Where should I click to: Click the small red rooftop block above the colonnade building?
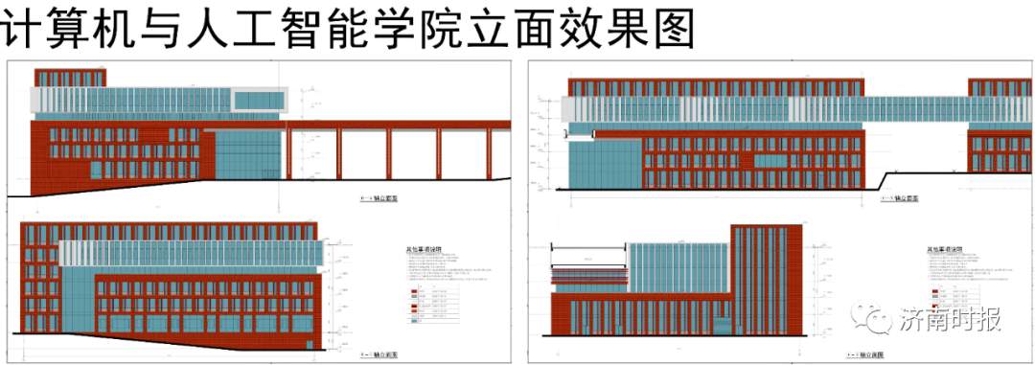click(69, 77)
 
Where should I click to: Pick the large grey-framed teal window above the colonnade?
click(260, 100)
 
